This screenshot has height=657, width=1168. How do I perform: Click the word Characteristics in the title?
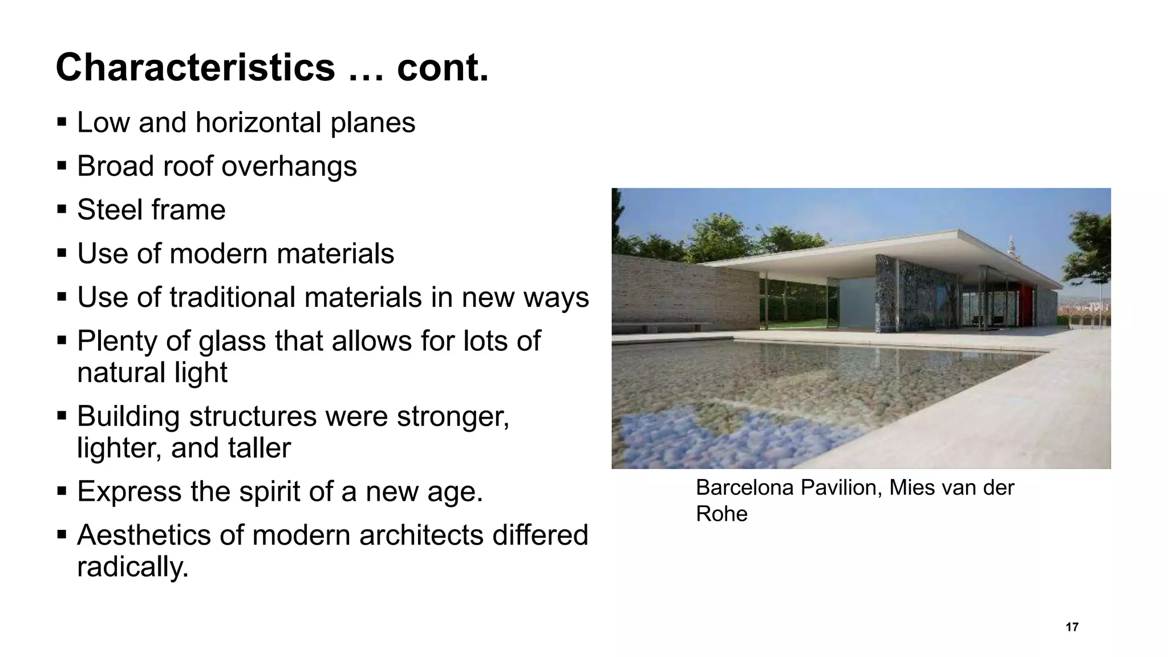click(195, 67)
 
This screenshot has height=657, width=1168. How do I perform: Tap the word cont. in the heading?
click(443, 67)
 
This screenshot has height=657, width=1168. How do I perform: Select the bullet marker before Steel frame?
click(62, 209)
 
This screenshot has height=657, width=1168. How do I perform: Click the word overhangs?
click(289, 166)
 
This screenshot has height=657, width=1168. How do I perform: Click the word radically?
click(132, 567)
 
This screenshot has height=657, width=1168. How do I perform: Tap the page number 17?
click(1072, 627)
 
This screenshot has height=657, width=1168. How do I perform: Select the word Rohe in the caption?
click(721, 514)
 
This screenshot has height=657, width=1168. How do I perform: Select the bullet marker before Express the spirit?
click(62, 490)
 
